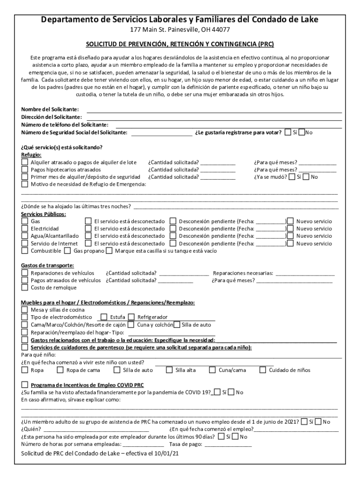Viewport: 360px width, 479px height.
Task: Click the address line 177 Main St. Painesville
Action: click(x=180, y=30)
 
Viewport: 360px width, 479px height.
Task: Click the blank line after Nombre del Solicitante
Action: click(x=214, y=109)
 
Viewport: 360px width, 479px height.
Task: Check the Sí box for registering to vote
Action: click(x=288, y=132)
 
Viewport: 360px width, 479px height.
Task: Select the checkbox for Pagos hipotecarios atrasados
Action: click(x=25, y=170)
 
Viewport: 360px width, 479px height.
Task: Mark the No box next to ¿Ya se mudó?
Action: click(x=306, y=177)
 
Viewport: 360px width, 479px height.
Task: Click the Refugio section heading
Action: click(x=31, y=155)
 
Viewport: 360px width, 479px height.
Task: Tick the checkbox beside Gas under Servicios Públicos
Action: click(x=25, y=221)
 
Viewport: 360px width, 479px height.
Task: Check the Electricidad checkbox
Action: click(x=25, y=229)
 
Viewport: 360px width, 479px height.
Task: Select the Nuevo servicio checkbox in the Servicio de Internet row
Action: click(x=290, y=244)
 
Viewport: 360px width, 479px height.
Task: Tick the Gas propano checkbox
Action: click(x=67, y=251)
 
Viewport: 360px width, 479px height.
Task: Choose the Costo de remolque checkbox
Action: click(x=25, y=288)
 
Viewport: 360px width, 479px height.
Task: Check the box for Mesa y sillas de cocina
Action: click(x=25, y=310)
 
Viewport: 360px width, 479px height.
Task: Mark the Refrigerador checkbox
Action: click(x=131, y=317)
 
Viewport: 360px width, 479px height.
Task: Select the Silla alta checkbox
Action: click(x=169, y=370)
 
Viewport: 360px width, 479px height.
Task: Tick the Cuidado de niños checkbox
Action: click(x=262, y=370)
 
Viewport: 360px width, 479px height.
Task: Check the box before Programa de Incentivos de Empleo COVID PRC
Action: click(x=25, y=385)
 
